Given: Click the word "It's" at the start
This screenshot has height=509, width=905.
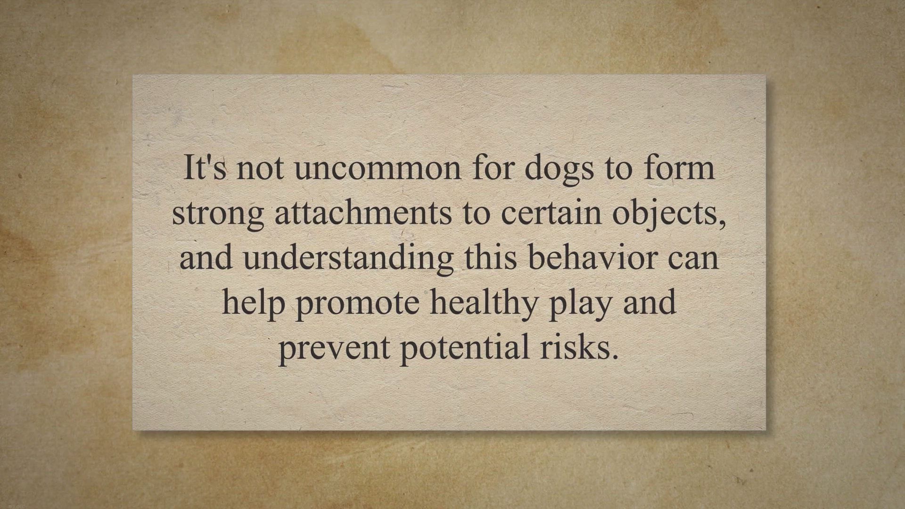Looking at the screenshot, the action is tap(205, 167).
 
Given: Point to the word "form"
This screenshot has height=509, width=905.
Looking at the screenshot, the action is tap(680, 167).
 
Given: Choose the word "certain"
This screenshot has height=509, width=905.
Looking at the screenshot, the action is tap(551, 213).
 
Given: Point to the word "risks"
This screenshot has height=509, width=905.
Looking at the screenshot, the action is tap(579, 347).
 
